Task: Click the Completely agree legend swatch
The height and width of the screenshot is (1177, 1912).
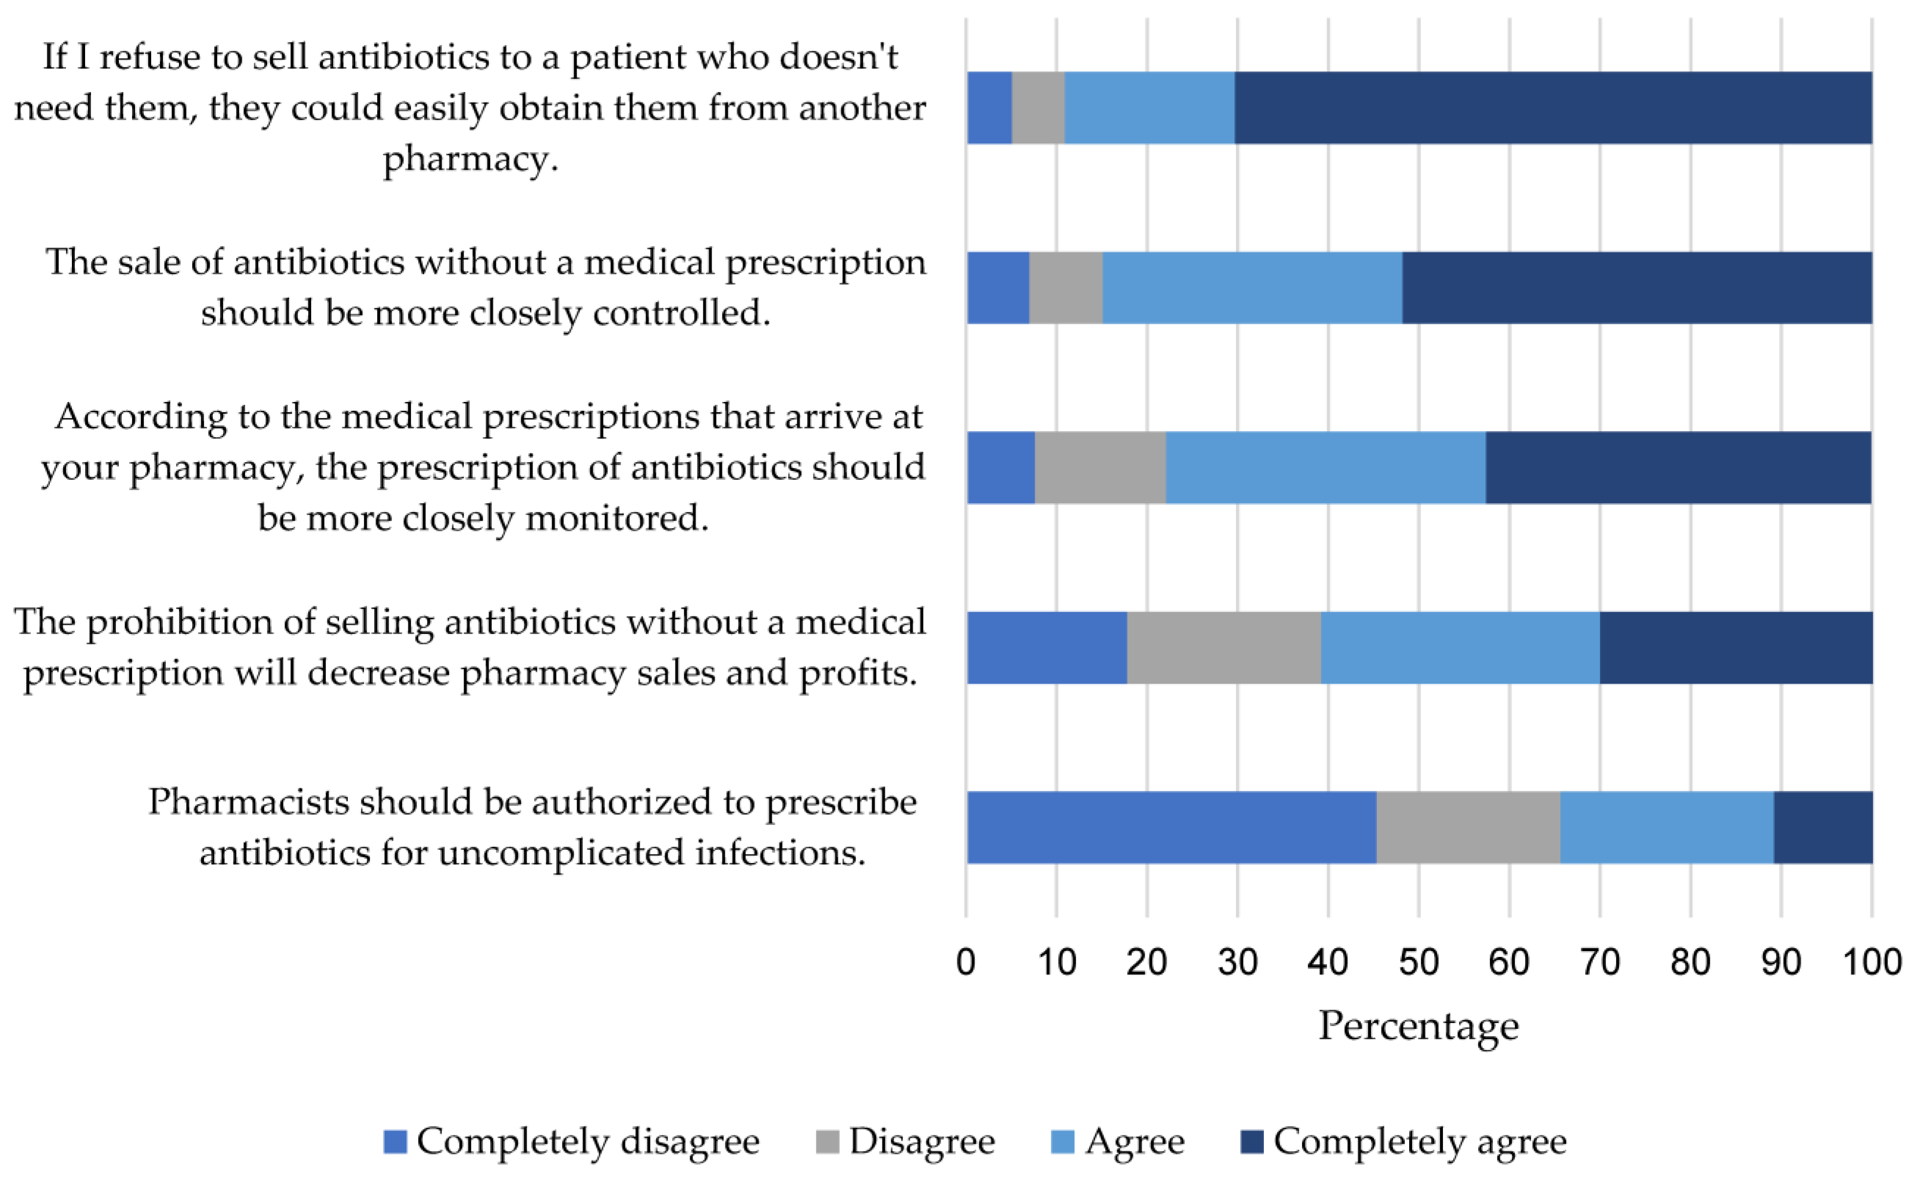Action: [1251, 1142]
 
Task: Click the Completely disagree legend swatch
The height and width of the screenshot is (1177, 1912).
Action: [396, 1142]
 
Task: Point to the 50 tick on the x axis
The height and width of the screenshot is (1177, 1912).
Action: [1418, 962]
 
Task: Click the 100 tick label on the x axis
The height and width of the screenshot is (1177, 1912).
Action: [1871, 962]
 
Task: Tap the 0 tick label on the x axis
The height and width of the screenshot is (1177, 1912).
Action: [966, 962]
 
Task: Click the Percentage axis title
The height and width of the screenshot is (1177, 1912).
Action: [1418, 1026]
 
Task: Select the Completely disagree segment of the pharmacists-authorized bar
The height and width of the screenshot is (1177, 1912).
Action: [1171, 827]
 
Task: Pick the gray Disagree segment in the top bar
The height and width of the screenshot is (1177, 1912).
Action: [1038, 108]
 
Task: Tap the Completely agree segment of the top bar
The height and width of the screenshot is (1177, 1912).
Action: [1553, 108]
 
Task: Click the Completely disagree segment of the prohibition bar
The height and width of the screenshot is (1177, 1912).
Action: [1046, 647]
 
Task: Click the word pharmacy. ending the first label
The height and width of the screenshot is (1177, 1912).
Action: [470, 159]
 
